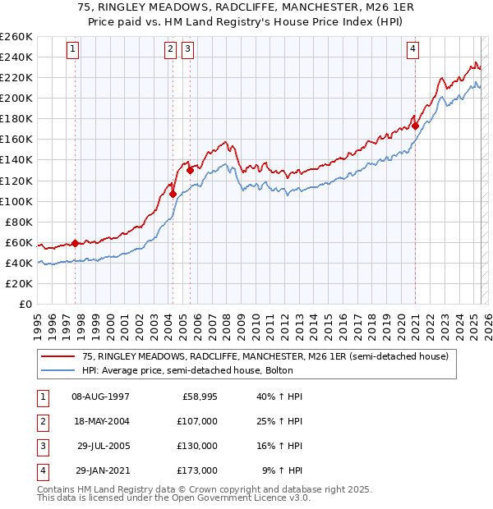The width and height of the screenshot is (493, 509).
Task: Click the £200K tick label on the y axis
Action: point(16,98)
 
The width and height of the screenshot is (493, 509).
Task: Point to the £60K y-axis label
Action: point(19,242)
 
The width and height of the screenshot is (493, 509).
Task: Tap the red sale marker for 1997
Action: point(75,243)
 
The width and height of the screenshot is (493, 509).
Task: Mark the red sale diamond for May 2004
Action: point(173,194)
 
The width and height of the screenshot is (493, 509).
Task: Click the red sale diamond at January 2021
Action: point(415,126)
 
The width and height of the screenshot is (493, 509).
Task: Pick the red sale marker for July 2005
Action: point(190,170)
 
